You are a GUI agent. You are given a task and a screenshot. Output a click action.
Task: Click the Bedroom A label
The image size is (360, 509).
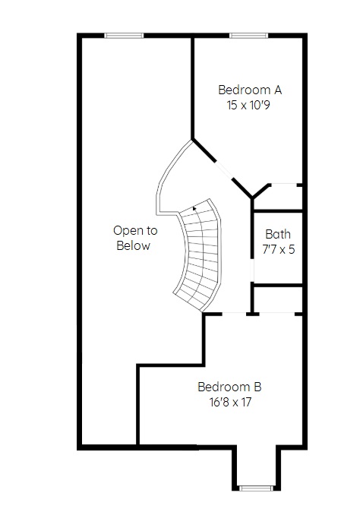pos(250,90)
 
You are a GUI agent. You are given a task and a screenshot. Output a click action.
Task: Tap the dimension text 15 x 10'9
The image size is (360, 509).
pos(248,105)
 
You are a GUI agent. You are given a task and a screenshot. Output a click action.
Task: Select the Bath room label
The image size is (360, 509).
pos(278,234)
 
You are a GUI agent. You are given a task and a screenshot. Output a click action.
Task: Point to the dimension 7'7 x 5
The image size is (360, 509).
pos(279,249)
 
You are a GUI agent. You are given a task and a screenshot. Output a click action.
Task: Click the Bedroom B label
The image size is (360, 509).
pos(229,387)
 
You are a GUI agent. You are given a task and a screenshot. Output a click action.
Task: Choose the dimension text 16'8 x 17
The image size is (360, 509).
pos(230,402)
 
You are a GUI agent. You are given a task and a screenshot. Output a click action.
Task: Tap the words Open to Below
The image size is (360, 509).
pos(135,238)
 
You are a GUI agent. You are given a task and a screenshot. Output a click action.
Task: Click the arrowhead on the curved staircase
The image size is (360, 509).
pos(194,209)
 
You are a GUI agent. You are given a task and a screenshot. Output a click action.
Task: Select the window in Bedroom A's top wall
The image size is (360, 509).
pos(248,36)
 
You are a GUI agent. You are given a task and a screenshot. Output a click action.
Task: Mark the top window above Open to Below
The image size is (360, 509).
pos(124,36)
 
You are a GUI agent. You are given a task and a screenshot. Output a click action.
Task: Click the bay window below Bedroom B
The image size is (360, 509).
pos(256,488)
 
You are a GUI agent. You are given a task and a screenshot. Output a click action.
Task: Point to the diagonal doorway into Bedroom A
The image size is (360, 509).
pos(223,169)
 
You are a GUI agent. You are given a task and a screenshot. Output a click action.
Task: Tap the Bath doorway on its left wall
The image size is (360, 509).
pos(252,270)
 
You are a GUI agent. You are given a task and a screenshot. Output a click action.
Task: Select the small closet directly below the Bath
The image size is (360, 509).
pos(278,299)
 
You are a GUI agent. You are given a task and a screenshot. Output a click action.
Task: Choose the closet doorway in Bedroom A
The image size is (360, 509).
pos(284,185)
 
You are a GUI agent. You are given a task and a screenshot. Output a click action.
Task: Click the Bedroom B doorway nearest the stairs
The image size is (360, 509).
pos(234,314)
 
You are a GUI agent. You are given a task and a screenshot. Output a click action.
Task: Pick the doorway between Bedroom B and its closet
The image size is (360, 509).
pos(277,314)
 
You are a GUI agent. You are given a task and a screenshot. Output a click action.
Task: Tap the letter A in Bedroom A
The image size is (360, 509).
pos(277,90)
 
